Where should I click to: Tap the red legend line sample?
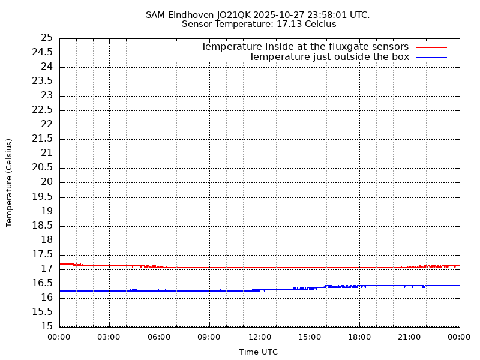(431, 47)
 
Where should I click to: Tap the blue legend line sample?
(431, 57)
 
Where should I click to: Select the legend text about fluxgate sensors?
(304, 47)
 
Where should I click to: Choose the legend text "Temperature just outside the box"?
(329, 57)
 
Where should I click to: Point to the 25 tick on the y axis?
(47, 38)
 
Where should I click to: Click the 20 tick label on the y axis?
(47, 182)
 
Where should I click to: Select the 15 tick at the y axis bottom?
(47, 326)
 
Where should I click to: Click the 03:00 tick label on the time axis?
(109, 337)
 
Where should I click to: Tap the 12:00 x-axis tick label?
(259, 337)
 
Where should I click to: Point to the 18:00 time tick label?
(359, 337)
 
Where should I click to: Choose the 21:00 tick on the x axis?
(409, 337)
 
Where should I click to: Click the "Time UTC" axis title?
(259, 352)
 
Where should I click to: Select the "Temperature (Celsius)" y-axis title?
(9, 182)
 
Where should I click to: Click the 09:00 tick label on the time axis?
(209, 337)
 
